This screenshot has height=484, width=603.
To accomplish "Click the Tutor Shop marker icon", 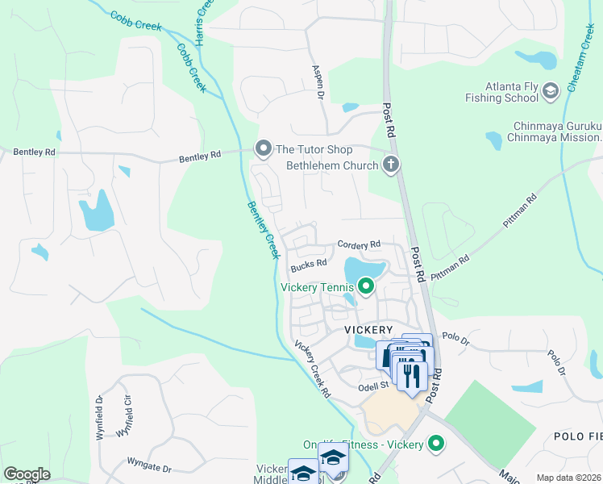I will coord(263,149).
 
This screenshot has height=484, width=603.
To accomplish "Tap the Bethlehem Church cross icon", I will coord(391,166).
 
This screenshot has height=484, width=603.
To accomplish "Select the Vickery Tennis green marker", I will coord(366,286).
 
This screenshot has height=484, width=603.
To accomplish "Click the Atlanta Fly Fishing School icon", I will coord(551,91).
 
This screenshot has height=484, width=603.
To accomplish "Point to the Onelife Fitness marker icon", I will coord(436,444).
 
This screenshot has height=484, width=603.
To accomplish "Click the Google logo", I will coord(27,474).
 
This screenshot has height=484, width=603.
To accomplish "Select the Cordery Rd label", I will coord(358,244).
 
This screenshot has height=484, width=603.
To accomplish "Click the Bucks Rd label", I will coord(309,263).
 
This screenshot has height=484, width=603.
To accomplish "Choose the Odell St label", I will coord(373,386).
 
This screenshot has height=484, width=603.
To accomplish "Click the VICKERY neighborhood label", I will coord(368,330).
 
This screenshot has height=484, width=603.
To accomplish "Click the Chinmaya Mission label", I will coord(555,137).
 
